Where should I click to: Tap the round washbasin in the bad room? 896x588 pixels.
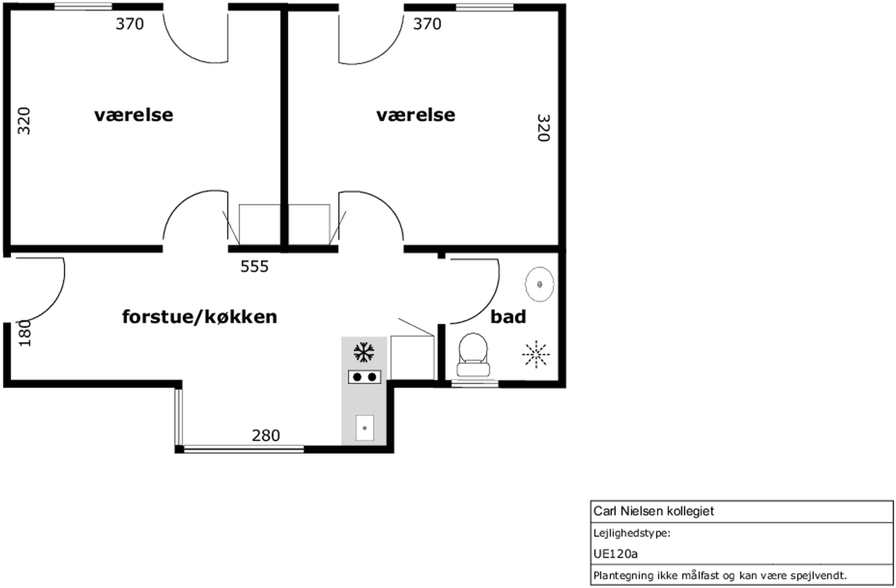[x=539, y=284]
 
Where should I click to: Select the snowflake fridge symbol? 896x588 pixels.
[x=364, y=352]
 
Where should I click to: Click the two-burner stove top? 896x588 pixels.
[x=364, y=377]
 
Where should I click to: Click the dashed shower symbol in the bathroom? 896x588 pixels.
[x=535, y=354]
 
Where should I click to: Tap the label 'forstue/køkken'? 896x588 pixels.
[x=200, y=317]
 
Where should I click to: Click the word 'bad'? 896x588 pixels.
[x=508, y=316]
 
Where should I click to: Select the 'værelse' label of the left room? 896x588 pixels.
[x=134, y=115]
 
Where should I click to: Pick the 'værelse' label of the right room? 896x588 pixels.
[x=416, y=115]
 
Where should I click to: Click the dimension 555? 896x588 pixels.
[x=255, y=266]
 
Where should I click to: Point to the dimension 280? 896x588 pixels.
[x=266, y=435]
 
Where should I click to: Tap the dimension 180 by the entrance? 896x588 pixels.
[x=25, y=333]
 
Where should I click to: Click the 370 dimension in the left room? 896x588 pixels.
[x=130, y=24]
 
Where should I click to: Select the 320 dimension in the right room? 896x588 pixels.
[x=544, y=128]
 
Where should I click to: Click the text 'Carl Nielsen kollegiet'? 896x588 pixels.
[x=654, y=511]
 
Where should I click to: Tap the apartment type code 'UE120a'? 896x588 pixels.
[x=616, y=554]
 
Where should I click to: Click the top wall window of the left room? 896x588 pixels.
[x=83, y=6]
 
